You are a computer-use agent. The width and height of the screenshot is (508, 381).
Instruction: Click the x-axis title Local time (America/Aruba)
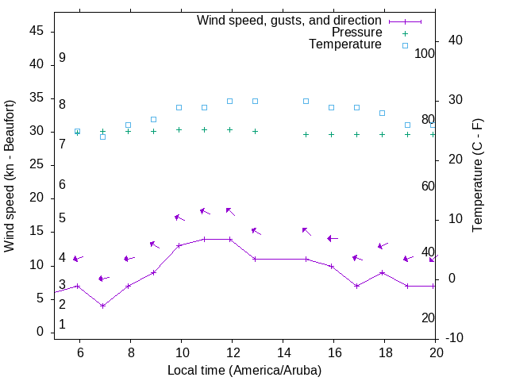coord(244,370)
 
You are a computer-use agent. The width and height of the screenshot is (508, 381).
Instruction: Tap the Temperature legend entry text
coord(345,44)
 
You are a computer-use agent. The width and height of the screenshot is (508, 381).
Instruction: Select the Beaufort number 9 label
coord(62,58)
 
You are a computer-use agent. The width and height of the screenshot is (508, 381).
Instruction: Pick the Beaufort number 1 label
coord(62,325)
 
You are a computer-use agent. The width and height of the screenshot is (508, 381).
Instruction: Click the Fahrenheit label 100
coord(425,54)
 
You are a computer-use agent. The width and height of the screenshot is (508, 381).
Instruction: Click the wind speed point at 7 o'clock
coord(103,306)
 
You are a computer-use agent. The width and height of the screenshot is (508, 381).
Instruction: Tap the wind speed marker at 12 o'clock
coord(230,239)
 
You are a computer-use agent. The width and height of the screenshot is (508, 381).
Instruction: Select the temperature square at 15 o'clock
coord(306,101)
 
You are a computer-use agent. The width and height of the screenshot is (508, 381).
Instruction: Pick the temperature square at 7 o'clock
coord(103,137)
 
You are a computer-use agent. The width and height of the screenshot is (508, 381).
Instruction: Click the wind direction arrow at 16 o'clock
coord(333,238)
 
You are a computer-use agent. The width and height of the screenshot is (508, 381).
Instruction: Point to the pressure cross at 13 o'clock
coord(256,131)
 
